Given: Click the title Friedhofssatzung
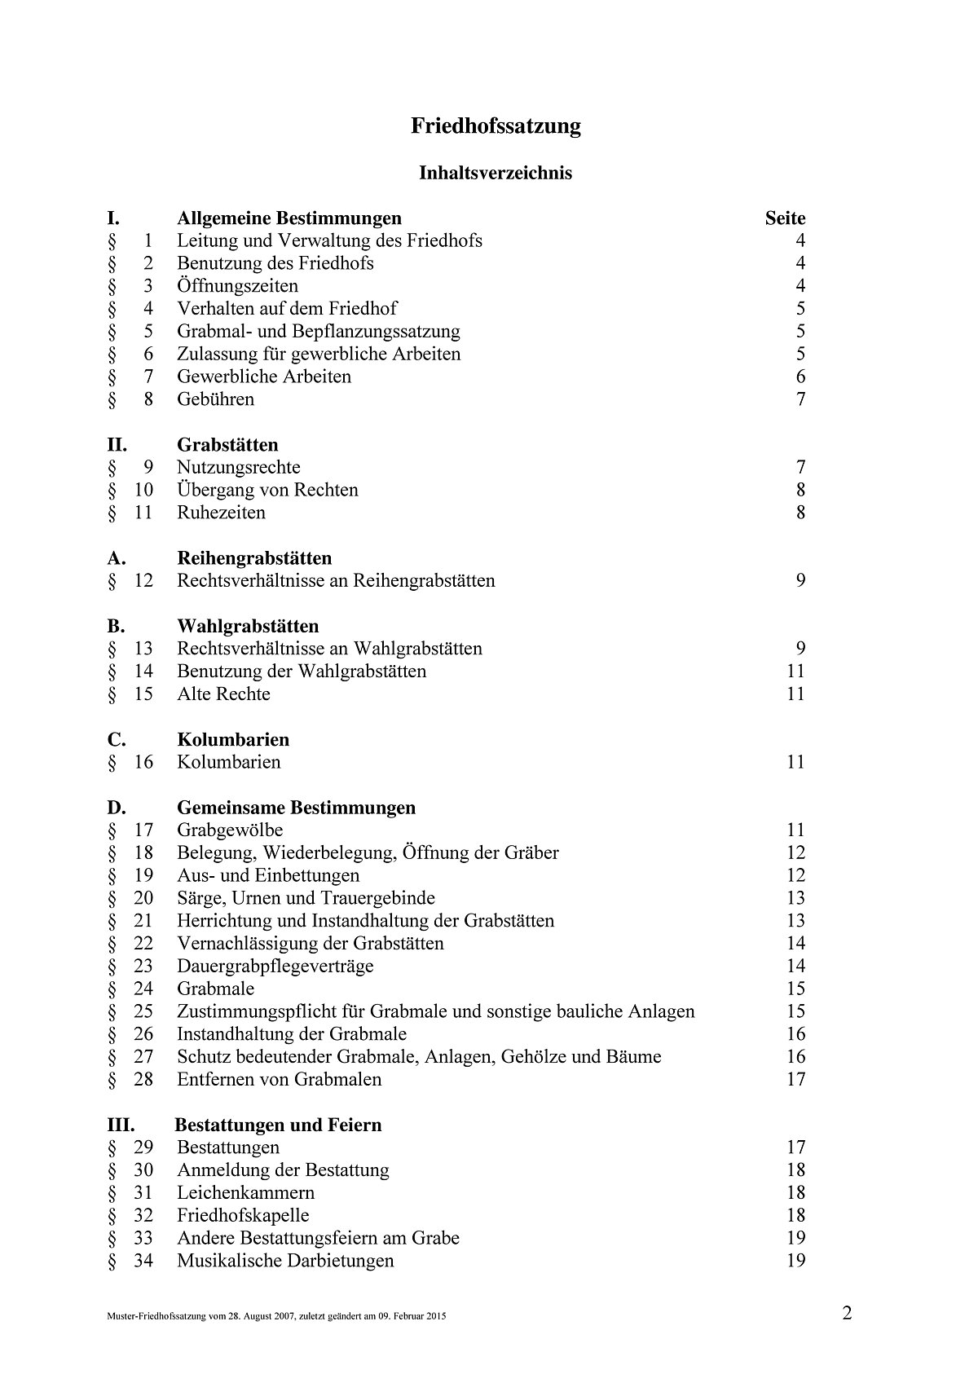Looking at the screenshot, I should (496, 126).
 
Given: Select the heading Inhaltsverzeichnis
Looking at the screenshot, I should (496, 173).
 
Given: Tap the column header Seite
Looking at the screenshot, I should (785, 218).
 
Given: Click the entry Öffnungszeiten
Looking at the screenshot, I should (237, 286).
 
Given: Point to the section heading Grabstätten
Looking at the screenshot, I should (227, 445).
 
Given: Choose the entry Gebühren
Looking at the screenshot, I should (215, 399).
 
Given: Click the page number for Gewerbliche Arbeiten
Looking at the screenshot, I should (800, 377).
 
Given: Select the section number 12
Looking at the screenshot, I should (143, 581).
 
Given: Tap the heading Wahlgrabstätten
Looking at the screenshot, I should (248, 627).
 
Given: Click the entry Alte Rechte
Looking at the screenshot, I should (223, 694).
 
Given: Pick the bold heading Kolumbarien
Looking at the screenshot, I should (233, 740).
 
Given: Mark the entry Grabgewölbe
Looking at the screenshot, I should (230, 830).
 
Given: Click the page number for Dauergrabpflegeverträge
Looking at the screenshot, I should (795, 967).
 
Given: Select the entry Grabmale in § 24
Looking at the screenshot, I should (215, 989).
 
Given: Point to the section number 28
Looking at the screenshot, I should (143, 1080).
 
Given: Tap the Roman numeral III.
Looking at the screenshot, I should (121, 1125).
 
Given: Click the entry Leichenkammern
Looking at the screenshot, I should (245, 1193).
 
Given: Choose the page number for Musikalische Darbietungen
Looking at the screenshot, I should (795, 1261).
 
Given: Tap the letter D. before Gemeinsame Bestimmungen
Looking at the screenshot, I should (117, 808).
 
